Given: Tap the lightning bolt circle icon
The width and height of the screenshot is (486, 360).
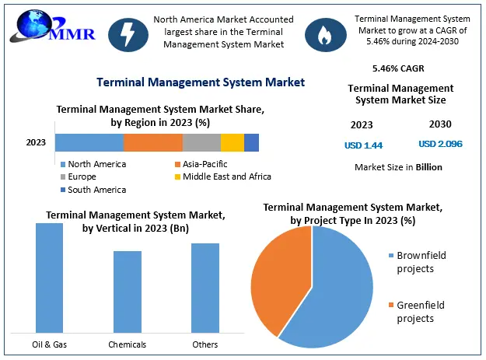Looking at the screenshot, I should coord(124,32).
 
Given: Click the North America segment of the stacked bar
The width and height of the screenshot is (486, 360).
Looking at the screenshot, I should coord(89,142).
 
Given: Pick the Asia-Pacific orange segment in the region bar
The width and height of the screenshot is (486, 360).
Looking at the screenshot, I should coord(153,142).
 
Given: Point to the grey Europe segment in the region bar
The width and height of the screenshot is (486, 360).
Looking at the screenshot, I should coord(201,142).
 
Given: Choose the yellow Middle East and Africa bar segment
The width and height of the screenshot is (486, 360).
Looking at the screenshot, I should coord(232,142).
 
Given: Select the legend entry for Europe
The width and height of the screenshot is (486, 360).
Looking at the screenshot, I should coord(82,177).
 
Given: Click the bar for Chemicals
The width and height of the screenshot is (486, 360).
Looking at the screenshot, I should coord(127,292).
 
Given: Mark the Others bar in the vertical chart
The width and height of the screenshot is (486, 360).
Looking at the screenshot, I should coord(205,288).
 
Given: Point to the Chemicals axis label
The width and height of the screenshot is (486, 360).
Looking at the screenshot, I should coord(127,344).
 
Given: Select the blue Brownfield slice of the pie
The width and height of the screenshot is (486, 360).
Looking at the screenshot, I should coord(338,292).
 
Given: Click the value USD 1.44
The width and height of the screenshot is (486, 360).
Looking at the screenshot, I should coord(363,145).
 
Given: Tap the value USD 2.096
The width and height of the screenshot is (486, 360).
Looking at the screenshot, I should coord(441,144).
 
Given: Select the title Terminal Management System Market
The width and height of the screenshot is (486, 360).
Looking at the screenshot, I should coord(200,82).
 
